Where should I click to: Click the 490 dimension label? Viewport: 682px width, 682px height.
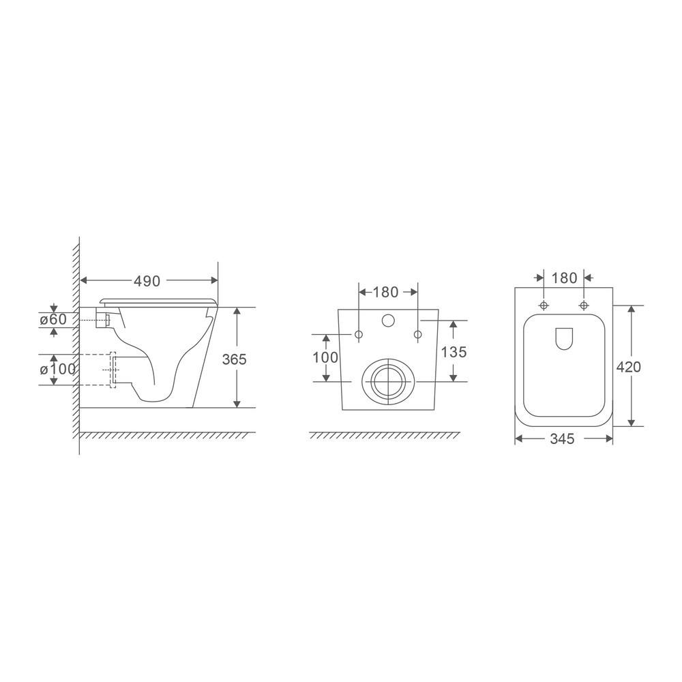pos(146,280)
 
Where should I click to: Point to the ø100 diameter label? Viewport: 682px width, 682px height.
pos(57,369)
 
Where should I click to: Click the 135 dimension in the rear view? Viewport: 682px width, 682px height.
pos(454,352)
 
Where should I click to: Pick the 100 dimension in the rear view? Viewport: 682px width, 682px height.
pos(326,357)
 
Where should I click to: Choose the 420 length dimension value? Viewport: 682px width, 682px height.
pos(628,366)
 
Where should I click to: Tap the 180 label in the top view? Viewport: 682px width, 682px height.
pos(564,278)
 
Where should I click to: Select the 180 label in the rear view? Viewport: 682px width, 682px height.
pos(385,292)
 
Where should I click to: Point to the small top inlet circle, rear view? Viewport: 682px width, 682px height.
pos(388,321)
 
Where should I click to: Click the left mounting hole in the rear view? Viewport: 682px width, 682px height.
pos(359,334)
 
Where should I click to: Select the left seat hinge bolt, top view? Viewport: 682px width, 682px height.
pos(544,304)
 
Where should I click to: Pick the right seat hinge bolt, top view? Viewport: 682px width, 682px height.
pos(584,304)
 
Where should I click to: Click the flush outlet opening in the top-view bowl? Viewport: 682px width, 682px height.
pos(563,339)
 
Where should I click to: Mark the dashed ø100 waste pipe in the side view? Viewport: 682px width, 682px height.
pos(95,370)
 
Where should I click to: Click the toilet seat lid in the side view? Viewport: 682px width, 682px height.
pos(158,301)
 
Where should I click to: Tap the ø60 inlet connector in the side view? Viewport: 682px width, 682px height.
pos(106,319)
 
